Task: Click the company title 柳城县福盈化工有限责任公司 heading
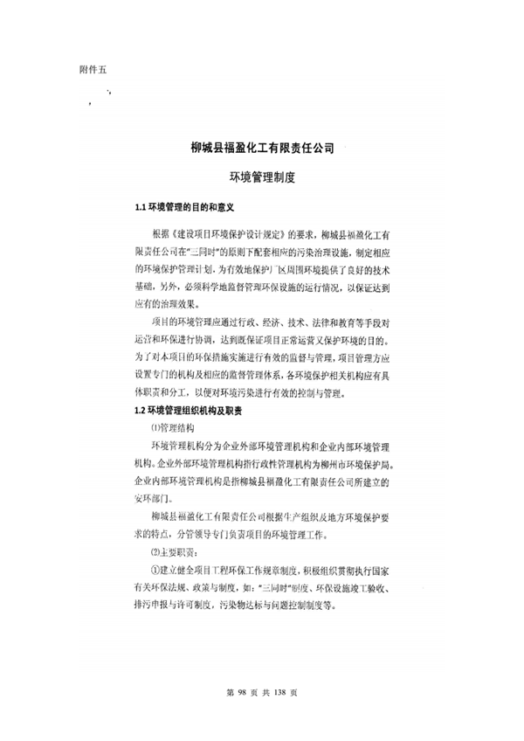coord(262,149)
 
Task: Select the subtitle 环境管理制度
coord(262,178)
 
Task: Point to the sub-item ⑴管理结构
coord(176,427)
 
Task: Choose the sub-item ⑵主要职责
coord(174,553)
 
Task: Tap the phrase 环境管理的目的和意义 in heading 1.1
coord(191,208)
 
